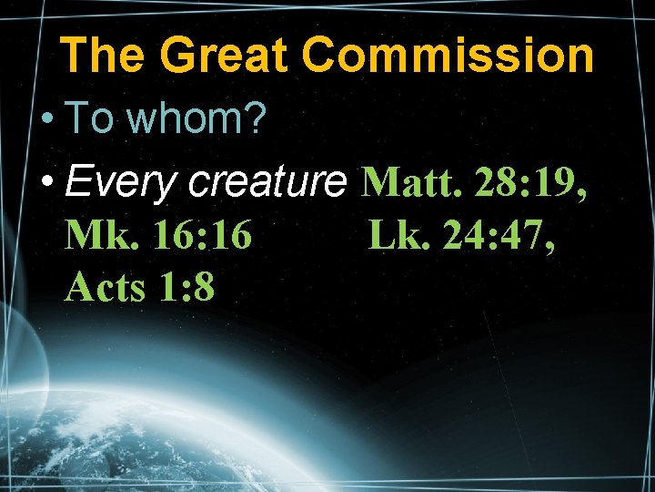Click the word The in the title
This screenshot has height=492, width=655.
102,56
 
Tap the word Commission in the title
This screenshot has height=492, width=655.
448,56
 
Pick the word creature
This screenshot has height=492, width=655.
267,184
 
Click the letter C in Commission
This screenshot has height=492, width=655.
320,56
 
